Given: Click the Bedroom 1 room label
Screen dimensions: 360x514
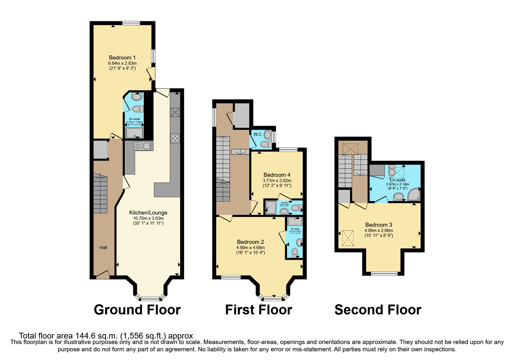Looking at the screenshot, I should pos(122,57).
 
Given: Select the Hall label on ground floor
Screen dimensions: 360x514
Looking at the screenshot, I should pos(103,248).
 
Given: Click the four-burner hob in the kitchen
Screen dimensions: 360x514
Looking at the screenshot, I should pos(175,138).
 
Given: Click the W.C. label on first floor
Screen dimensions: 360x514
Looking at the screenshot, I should pos(258,134).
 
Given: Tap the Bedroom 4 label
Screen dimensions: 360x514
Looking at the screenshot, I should pos(277,175).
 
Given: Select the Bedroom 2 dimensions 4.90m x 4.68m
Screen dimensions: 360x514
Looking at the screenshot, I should pos(250,248).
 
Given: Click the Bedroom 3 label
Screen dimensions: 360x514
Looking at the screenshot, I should pos(378,225).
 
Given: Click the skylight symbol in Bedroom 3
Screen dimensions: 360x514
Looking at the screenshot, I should pos(348,238).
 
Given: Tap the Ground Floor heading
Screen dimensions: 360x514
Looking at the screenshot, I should pos(137,310).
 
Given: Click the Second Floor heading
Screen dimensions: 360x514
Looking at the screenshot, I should pos(378,310).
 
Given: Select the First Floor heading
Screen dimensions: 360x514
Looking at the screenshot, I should pos(258,310).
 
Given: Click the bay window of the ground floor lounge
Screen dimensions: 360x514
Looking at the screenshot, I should pos(150,298).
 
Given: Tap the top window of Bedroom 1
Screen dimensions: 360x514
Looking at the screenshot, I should pos(131,23).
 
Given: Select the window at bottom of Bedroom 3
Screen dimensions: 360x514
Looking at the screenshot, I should pos(384,273).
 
